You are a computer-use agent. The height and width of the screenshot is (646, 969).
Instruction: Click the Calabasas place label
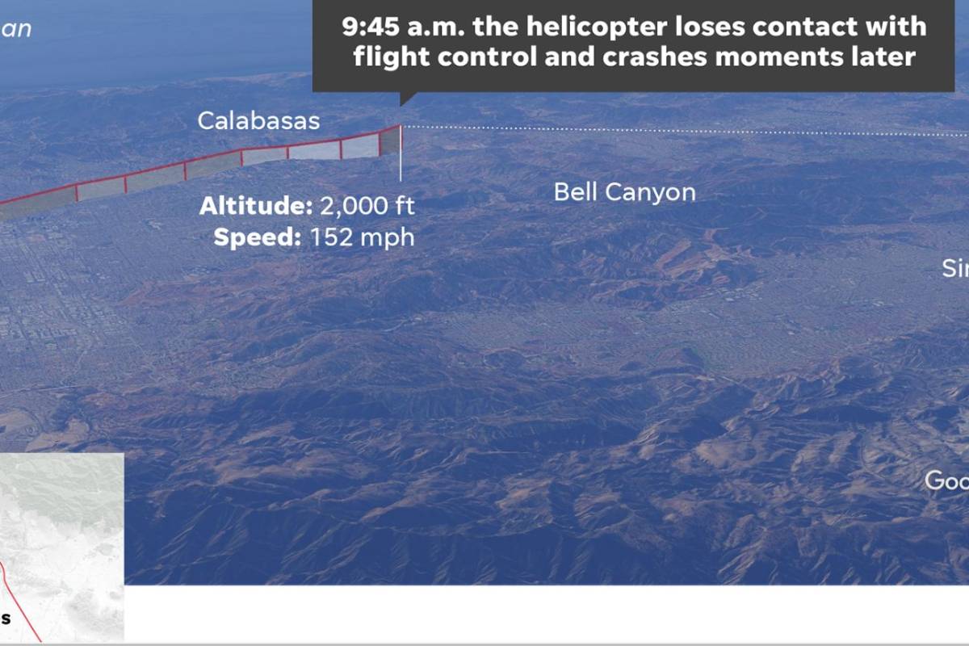[258, 121]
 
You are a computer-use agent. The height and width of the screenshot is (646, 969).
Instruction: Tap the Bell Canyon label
[624, 192]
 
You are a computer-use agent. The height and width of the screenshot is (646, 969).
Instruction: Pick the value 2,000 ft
[367, 206]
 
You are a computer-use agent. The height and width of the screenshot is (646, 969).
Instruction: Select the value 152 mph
[362, 237]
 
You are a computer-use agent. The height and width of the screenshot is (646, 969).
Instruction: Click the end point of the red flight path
[400, 126]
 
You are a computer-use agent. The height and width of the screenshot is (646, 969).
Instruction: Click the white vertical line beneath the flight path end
[401, 166]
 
